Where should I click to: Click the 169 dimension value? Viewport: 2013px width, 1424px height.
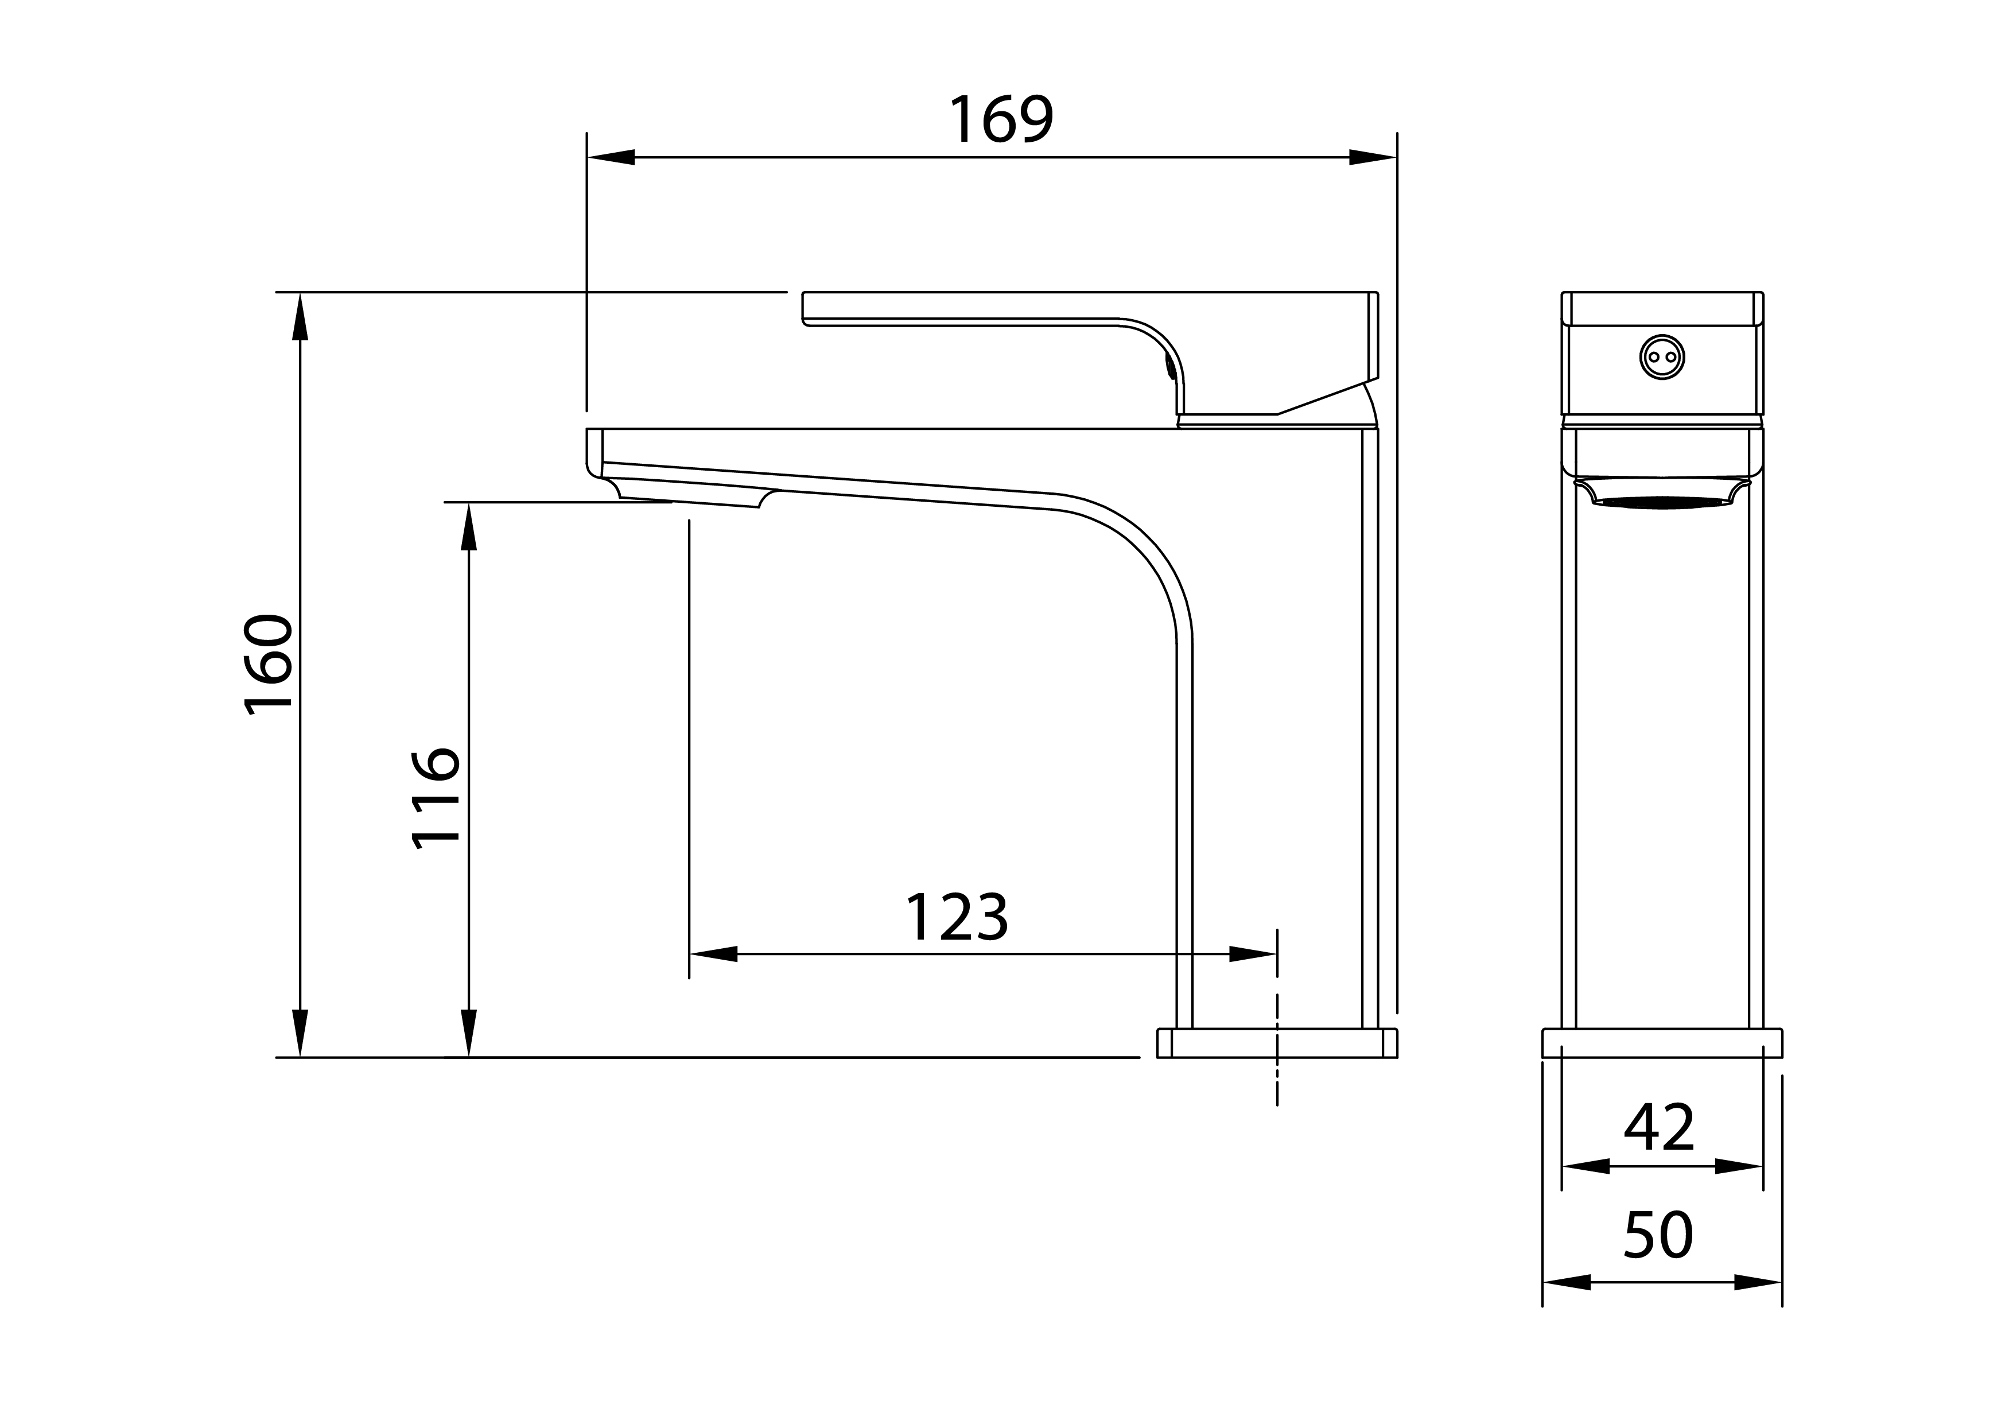coord(1001,119)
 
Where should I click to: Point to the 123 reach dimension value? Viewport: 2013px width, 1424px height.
coord(957,918)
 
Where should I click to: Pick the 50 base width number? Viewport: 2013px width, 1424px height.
coord(1659,1236)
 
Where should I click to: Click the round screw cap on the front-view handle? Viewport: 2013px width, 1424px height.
coord(1661,357)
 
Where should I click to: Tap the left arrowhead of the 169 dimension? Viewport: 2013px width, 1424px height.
coord(611,158)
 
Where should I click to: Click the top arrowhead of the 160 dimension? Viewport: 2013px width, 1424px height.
coord(300,316)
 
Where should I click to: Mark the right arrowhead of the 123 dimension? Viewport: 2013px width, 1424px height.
coord(1253,954)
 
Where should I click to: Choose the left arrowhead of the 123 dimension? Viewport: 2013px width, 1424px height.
coord(714,954)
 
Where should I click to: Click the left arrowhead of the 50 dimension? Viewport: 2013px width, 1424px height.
coord(1567,1282)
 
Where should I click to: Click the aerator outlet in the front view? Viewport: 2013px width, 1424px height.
coord(1661,502)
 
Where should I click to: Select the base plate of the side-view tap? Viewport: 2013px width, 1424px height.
coord(1277,1043)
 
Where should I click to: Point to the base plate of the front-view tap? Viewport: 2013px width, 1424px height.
coord(1661,1043)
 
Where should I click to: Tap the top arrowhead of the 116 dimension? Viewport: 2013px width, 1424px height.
coord(468,526)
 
